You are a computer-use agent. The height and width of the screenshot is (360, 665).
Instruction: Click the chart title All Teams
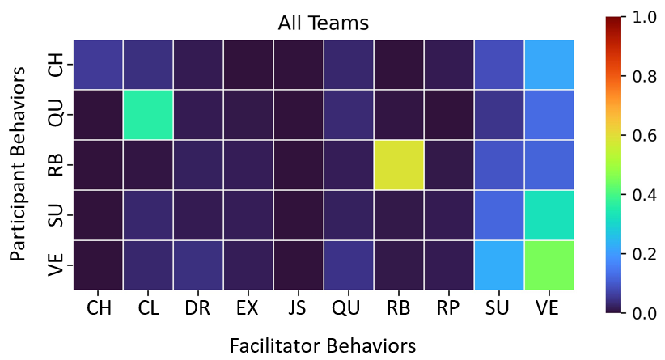[323, 23]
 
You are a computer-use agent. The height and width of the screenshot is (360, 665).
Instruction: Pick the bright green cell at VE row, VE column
[549, 265]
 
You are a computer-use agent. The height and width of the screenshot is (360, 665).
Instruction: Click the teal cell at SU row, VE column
[549, 215]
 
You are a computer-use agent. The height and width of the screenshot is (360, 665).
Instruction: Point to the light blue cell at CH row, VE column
[549, 65]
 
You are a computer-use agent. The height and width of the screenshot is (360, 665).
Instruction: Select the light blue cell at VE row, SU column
[499, 265]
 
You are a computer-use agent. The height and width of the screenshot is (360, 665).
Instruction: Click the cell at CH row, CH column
[97, 65]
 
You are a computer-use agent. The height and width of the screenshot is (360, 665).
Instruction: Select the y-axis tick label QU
[56, 115]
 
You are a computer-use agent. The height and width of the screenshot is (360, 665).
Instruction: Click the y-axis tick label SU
[56, 215]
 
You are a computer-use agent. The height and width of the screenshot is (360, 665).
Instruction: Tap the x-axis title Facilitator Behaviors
[323, 345]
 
